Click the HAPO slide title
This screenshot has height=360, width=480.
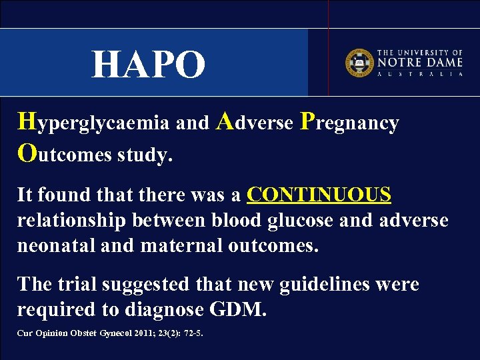[149, 65]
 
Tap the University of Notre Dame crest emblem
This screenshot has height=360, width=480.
[358, 62]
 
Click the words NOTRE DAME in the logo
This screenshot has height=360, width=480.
[420, 62]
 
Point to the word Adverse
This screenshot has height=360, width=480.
[256, 123]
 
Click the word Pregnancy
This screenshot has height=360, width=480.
[349, 123]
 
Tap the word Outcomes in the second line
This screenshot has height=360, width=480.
[65, 155]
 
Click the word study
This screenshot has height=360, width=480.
[145, 155]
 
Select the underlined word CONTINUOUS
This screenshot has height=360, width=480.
[319, 195]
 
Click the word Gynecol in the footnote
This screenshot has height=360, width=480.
[111, 333]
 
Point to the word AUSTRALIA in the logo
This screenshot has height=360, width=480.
[420, 74]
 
